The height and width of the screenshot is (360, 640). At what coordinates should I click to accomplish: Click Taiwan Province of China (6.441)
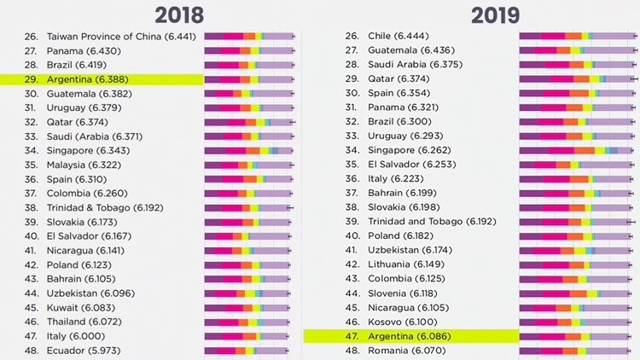click(122, 37)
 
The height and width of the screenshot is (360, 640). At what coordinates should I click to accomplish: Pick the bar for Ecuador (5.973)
click(249, 351)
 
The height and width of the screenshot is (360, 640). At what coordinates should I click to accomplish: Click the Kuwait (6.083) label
click(82, 307)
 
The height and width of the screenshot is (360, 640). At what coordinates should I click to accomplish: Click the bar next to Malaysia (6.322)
click(249, 165)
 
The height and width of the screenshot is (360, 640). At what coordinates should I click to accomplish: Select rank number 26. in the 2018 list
click(32, 37)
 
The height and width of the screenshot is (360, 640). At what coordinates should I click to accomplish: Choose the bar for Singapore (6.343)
click(249, 150)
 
